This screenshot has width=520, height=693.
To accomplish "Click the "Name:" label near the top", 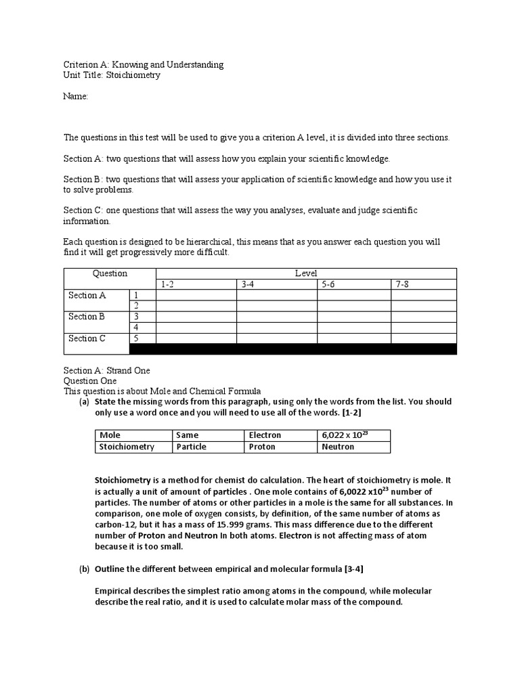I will click(76, 97).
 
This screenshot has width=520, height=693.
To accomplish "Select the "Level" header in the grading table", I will click(305, 273).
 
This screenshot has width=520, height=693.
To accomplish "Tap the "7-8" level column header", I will click(402, 285).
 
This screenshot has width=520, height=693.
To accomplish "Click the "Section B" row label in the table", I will click(87, 317).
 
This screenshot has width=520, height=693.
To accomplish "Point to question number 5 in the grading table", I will click(137, 338).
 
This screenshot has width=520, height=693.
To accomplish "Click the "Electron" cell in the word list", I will click(265, 435).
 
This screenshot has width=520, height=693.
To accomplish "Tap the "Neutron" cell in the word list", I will click(338, 447).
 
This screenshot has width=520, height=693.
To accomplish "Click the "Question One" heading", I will click(90, 381).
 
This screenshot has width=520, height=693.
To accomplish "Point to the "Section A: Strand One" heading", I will click(107, 370).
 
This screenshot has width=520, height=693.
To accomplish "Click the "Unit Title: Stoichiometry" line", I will click(112, 75).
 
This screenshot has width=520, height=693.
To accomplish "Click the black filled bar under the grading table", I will click(292, 349).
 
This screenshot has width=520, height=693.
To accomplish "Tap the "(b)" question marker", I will click(85, 568).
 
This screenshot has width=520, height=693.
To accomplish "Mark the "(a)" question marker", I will click(85, 402).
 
